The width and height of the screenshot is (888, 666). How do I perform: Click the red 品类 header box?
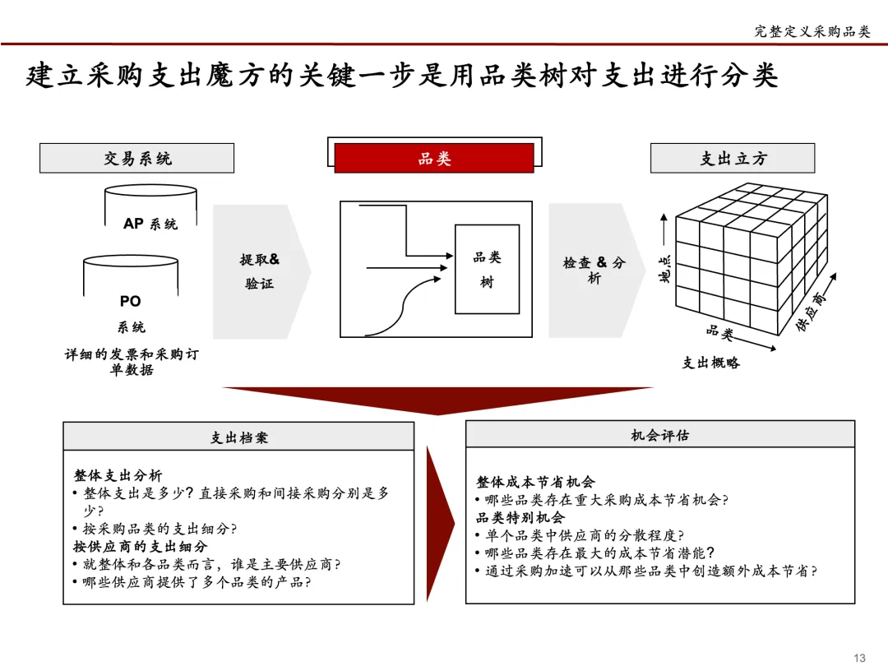[x=434, y=158]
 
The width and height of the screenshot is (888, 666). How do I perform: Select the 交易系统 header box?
[x=136, y=158]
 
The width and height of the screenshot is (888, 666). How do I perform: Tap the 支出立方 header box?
[x=732, y=158]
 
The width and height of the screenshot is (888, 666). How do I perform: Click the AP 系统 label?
[x=150, y=223]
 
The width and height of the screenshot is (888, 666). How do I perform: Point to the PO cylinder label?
[x=131, y=302]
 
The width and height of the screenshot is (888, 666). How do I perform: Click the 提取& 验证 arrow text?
[x=259, y=271]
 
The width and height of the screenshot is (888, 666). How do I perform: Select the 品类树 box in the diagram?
[x=487, y=269]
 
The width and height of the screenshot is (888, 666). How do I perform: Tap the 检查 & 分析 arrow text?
[x=594, y=270]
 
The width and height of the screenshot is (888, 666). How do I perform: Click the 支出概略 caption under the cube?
[x=710, y=362]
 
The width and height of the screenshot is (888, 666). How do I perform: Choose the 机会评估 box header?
[x=659, y=435]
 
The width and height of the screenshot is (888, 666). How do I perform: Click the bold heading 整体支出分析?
[x=118, y=475]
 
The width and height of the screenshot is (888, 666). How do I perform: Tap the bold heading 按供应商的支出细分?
[x=140, y=546]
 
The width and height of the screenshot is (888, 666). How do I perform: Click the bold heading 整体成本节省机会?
[x=534, y=482]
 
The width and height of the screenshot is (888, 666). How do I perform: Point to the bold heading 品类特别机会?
[x=520, y=517]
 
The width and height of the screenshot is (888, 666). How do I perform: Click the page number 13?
[x=860, y=656]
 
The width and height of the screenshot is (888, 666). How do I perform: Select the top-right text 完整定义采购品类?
[x=812, y=31]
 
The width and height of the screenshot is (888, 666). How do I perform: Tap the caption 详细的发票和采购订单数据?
[x=132, y=362]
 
